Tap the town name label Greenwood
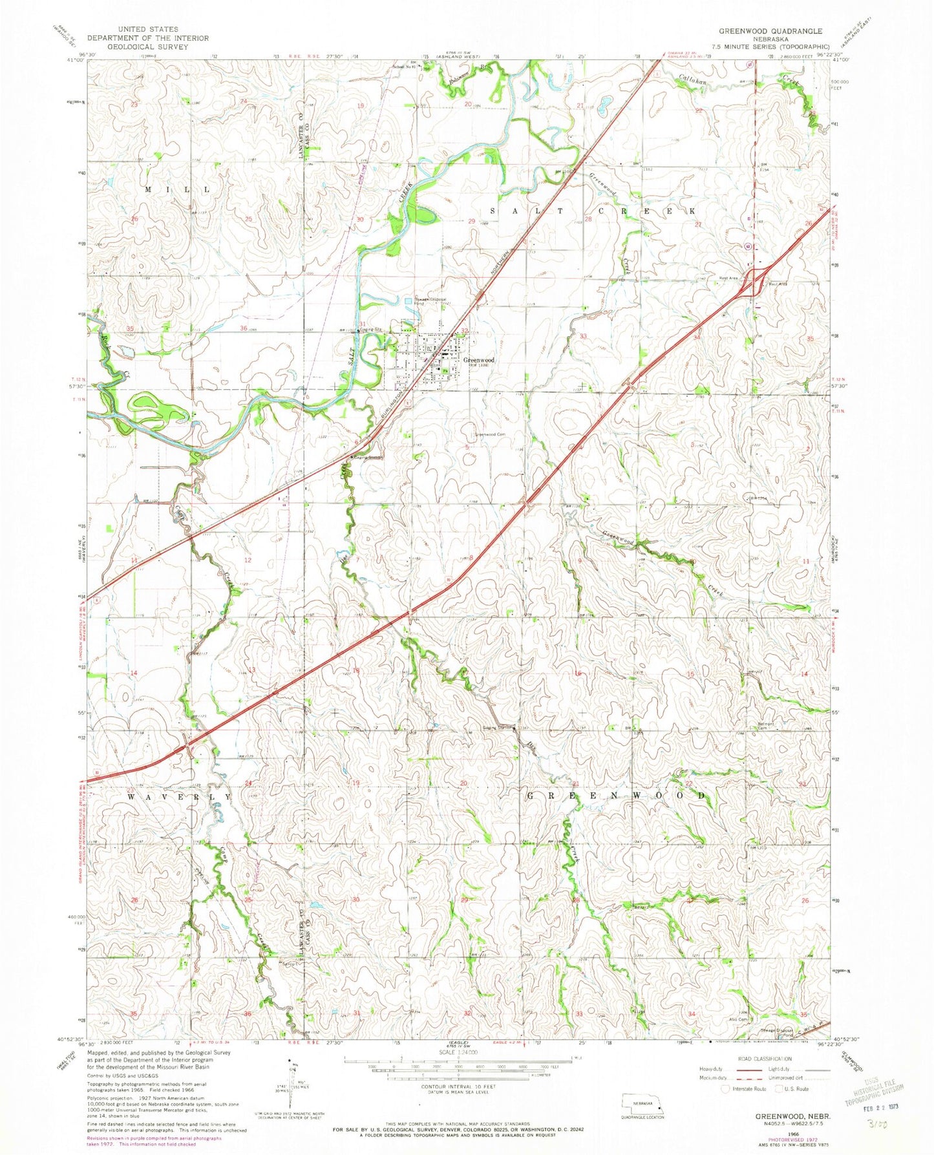tap(479, 360)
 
